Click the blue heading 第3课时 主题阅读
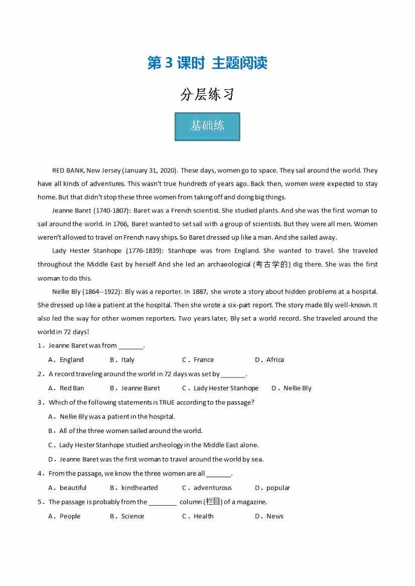207,63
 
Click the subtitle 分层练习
207,94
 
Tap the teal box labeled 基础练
207,126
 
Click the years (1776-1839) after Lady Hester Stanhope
144,251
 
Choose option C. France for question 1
198,359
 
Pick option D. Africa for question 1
269,359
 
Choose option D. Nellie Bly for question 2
292,388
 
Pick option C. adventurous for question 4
207,488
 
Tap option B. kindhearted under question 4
134,488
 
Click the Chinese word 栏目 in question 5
213,502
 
